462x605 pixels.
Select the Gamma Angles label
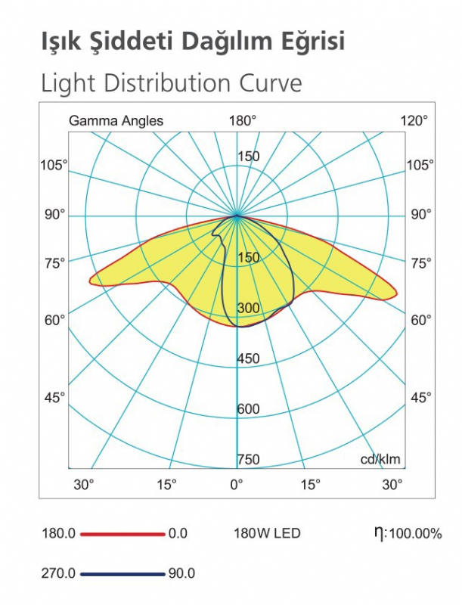click(116, 120)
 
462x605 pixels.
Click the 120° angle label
click(414, 120)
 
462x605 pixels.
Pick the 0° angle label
click(237, 483)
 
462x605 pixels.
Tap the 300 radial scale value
click(249, 309)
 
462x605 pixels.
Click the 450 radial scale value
click(249, 358)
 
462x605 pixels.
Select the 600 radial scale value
click(249, 409)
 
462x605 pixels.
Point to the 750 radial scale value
click(249, 459)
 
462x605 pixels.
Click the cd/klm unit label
click(380, 459)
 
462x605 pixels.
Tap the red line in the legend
click(122, 534)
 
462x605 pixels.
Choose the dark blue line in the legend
click(122, 573)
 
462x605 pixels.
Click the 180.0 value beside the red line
click(57, 534)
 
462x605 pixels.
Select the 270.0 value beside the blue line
click(57, 573)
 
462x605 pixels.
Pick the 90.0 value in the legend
click(181, 573)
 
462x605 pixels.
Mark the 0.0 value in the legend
click(178, 534)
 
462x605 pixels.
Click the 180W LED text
click(267, 534)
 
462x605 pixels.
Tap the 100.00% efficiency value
click(415, 535)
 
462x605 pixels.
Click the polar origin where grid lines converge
click(237, 216)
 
